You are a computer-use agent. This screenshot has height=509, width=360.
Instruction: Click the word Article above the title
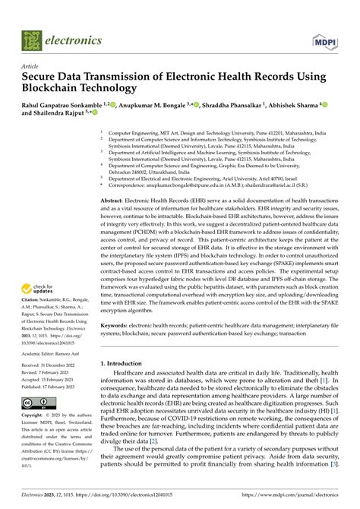coord(32,66)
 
